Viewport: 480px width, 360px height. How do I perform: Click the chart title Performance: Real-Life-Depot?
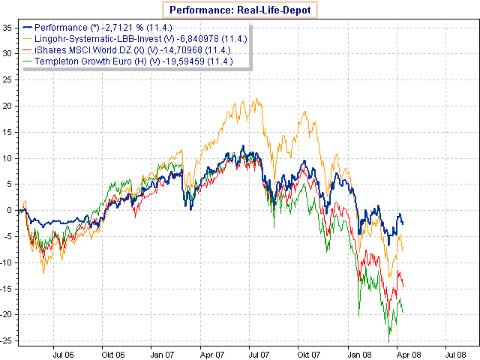coord(240,10)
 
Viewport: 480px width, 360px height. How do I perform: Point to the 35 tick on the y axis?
coord(7,27)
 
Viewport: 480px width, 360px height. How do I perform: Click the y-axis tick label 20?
coord(7,106)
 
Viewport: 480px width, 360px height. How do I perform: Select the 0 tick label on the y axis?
coord(10,210)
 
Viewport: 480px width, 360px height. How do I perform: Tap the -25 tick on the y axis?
coord(6,340)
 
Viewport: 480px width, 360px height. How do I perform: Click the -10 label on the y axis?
coord(6,262)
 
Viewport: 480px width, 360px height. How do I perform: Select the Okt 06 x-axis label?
coord(113,351)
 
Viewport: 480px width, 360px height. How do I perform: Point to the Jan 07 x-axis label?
coord(162,351)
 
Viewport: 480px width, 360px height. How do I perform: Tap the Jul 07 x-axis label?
coord(259,351)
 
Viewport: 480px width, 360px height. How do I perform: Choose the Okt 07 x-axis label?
coord(307,351)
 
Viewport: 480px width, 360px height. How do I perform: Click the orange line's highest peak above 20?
coord(257,98)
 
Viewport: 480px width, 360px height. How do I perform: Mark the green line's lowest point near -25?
coord(388,342)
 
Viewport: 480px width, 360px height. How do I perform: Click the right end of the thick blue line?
coord(403,223)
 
